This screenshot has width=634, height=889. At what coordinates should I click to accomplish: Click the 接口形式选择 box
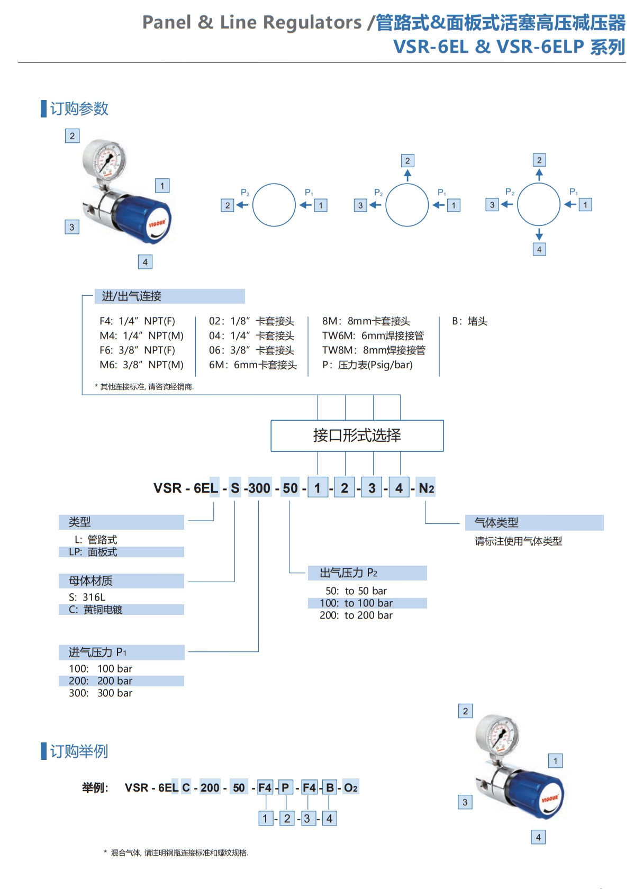click(x=357, y=436)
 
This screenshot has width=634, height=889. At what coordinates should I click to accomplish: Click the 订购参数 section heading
click(x=79, y=108)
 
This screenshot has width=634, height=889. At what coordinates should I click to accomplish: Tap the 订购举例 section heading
click(x=79, y=751)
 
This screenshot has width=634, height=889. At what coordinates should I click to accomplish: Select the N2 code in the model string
click(x=426, y=488)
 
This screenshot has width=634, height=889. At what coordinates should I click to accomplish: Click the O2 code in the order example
click(x=350, y=787)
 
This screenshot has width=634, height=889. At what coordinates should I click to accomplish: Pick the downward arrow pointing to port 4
click(x=539, y=234)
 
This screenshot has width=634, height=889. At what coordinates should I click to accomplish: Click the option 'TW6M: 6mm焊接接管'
click(x=373, y=335)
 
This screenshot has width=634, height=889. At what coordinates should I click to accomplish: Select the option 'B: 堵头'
click(x=469, y=321)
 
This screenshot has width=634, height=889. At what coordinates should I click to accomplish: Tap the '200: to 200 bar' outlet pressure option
click(x=356, y=615)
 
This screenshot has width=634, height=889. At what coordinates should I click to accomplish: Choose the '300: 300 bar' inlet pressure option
click(x=101, y=693)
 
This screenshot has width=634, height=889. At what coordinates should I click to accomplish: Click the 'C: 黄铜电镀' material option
click(x=96, y=610)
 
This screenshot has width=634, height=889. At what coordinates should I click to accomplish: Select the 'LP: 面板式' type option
click(x=93, y=552)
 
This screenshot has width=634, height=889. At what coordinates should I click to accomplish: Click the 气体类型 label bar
click(x=534, y=523)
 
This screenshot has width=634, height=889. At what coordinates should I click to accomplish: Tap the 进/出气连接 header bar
click(x=169, y=296)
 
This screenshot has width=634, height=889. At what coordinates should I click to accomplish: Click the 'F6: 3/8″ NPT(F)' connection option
click(x=137, y=350)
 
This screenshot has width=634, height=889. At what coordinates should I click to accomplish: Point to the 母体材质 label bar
click(x=121, y=581)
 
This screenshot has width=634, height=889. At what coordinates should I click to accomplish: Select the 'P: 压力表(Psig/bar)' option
click(x=367, y=365)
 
